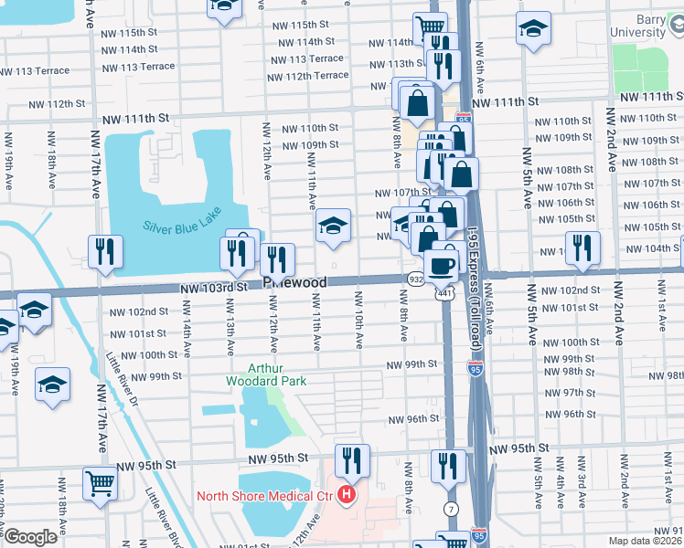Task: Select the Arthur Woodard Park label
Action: tap(265, 374)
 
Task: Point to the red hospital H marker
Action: tap(347, 496)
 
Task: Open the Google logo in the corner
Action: tap(31, 537)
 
